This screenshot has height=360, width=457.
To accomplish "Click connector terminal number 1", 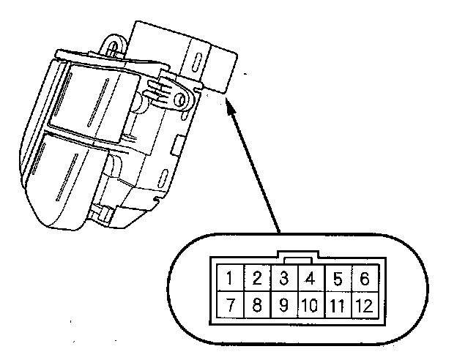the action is pyautogui.click(x=230, y=278).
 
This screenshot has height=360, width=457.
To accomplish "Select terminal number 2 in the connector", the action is pyautogui.click(x=256, y=278).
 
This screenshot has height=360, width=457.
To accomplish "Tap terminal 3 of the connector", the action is pyautogui.click(x=283, y=278).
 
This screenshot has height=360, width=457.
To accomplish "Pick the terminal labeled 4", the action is pyautogui.click(x=309, y=278).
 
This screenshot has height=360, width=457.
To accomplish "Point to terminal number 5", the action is pyautogui.click(x=337, y=278).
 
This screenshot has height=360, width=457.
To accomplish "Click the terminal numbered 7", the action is pyautogui.click(x=230, y=304).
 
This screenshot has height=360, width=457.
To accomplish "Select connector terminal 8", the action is pyautogui.click(x=256, y=304).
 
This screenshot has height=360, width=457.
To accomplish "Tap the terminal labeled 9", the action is pyautogui.click(x=283, y=304).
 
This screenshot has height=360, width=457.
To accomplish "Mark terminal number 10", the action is pyautogui.click(x=309, y=304).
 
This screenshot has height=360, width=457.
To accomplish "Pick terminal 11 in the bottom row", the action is pyautogui.click(x=337, y=304).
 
